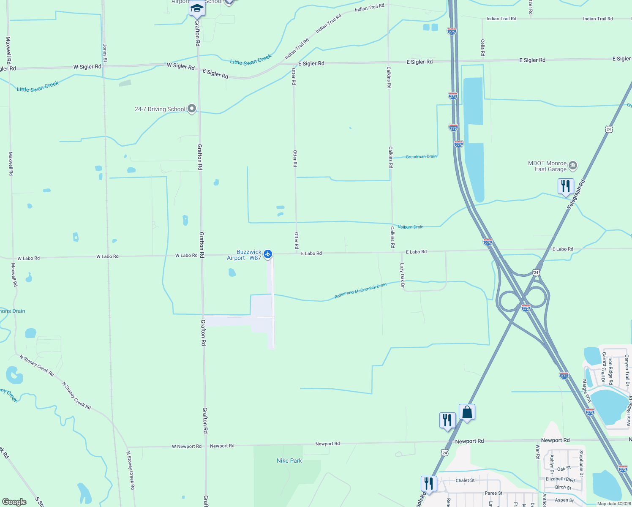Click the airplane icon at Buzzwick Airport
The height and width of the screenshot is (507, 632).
click(x=267, y=254)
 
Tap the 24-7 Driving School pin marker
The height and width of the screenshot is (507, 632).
click(x=192, y=109)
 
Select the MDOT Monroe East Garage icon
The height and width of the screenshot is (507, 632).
click(x=573, y=165)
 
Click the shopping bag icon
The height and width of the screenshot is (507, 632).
click(x=467, y=412)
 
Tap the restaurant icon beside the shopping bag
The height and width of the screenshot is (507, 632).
click(x=447, y=420)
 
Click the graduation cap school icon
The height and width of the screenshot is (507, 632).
click(x=197, y=8)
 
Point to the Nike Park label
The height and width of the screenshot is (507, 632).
click(x=289, y=461)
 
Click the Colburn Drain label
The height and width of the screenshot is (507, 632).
click(x=411, y=227)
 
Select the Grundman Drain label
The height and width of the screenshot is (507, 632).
click(x=421, y=157)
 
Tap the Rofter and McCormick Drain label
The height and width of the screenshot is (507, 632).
click(x=360, y=291)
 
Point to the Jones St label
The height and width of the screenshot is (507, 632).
click(x=105, y=53)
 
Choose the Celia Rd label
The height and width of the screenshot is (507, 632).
click(x=482, y=48)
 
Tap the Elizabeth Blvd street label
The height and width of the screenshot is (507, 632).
click(x=560, y=479)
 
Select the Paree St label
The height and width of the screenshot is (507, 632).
click(x=493, y=493)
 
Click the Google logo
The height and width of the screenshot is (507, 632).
click(x=14, y=502)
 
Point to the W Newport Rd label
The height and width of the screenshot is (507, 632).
click(x=187, y=447)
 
